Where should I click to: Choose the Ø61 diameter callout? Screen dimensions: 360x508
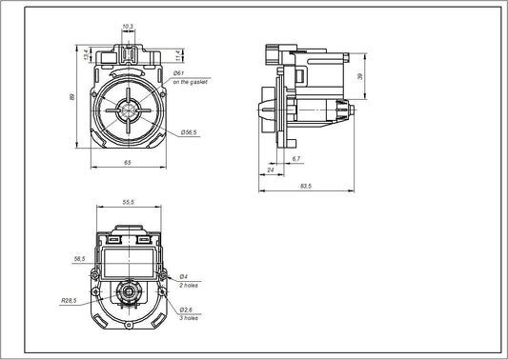(178, 72)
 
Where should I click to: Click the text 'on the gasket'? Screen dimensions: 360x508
(190, 83)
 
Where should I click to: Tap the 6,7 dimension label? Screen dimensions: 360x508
(297, 158)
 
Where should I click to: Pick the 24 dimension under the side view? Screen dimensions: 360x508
(272, 170)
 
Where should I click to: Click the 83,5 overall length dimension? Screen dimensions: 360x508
(305, 187)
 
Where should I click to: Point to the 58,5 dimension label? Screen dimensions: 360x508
(79, 257)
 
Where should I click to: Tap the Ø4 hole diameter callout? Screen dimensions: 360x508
(183, 276)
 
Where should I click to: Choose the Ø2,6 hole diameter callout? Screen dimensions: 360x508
(186, 310)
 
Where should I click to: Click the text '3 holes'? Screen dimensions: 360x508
(190, 319)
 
